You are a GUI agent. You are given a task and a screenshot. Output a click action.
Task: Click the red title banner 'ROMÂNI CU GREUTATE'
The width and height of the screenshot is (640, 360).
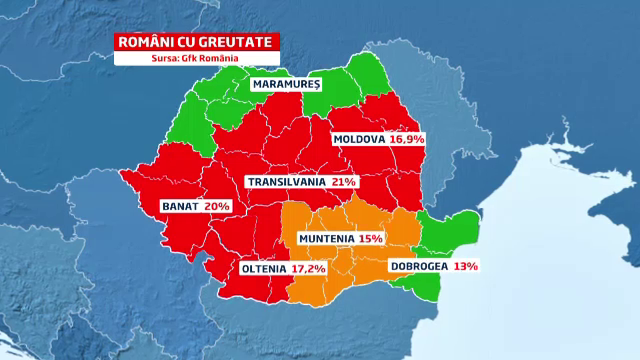pos(195,42)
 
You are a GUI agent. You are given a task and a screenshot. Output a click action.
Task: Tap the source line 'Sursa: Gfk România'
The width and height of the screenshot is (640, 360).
pos(195,58)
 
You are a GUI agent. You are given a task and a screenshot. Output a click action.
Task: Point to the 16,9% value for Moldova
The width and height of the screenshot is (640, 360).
pos(408,140)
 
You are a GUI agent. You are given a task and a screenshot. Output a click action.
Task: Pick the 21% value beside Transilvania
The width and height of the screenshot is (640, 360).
pos(345,182)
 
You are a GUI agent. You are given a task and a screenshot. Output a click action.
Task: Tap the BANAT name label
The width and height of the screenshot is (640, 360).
pos(180,206)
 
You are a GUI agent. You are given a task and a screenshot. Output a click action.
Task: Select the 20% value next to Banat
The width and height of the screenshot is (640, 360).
pos(218,206)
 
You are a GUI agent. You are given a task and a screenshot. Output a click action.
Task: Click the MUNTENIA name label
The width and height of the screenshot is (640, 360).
pos(326,240)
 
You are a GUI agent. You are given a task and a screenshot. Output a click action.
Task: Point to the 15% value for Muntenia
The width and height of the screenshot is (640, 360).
pos(371,240)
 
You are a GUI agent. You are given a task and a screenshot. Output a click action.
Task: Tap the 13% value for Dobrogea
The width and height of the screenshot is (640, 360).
pos(464,267)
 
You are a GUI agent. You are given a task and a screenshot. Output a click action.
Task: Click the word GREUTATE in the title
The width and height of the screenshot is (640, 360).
pos(237,42)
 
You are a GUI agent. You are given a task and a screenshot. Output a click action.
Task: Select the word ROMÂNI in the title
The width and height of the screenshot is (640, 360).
pos(144,42)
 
